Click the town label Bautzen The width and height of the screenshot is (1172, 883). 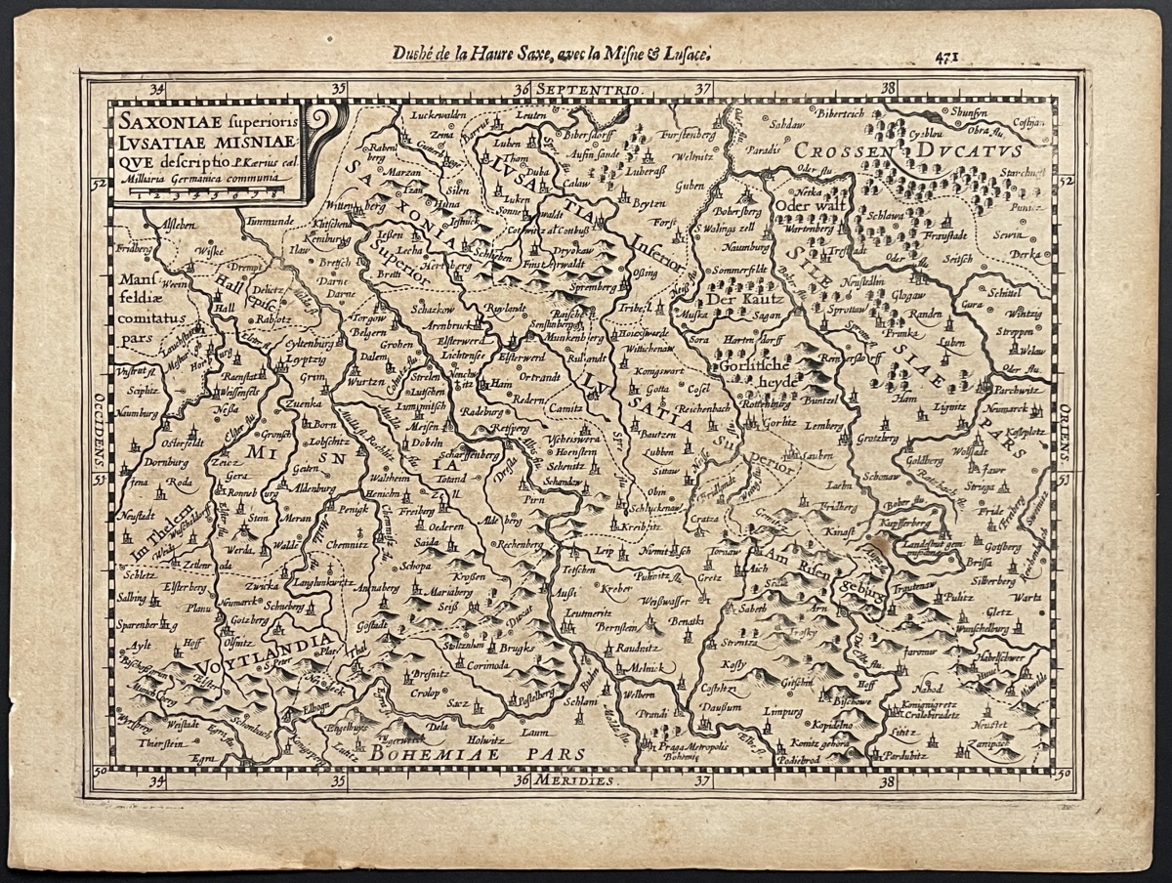point(657,433)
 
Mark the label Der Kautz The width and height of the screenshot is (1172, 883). point(739,299)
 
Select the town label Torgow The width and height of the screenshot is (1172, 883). point(371,319)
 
